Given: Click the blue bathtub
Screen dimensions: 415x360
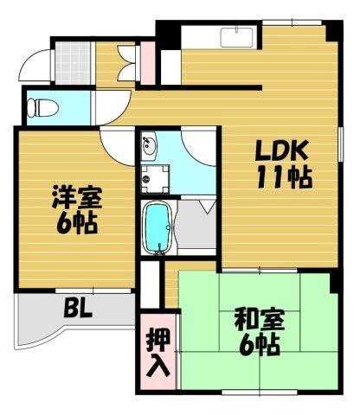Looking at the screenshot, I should coord(157,227).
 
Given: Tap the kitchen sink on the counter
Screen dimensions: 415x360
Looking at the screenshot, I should coord(235,36).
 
